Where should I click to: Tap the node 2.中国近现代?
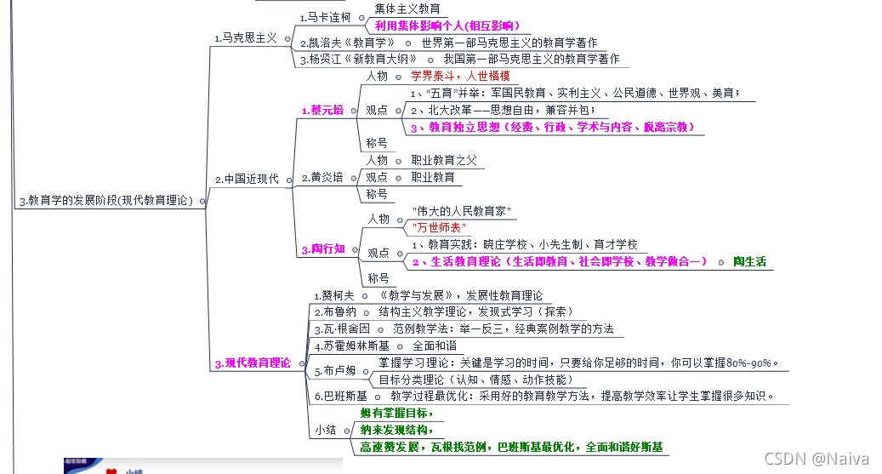click(247, 179)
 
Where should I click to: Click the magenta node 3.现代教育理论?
click(253, 363)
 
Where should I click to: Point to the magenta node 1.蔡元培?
click(322, 110)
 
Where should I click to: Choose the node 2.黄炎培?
click(323, 177)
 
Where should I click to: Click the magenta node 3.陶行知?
click(323, 249)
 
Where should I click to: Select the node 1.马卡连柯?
click(325, 17)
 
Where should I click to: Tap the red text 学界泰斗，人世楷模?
click(460, 76)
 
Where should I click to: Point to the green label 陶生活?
click(748, 261)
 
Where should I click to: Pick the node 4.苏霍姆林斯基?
click(351, 346)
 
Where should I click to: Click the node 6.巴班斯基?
click(340, 396)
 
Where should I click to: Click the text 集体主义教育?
click(407, 9)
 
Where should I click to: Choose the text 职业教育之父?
click(444, 160)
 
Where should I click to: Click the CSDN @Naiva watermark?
click(817, 459)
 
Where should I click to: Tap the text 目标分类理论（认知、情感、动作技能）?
click(475, 380)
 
